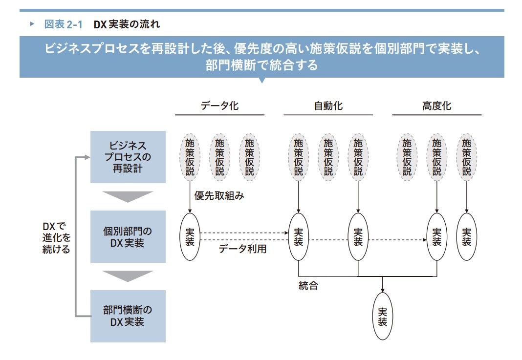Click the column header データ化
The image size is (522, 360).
point(219,106)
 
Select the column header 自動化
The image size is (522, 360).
point(328,106)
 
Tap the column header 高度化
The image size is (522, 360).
point(437,106)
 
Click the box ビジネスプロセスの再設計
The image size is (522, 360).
point(128,157)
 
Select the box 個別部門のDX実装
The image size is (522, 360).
point(128,236)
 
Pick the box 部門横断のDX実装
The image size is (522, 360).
point(128,316)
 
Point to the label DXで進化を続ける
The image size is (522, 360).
point(56,237)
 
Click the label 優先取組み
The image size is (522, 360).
point(219,195)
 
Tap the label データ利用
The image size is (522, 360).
point(242,249)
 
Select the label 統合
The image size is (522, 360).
point(308,285)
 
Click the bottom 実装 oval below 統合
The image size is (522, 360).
point(383,316)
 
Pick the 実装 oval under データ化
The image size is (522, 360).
point(190,236)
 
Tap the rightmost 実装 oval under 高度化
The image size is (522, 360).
point(466,236)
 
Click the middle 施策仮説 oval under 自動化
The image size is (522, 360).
point(328,157)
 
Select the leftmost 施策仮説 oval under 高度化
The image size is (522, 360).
point(407,157)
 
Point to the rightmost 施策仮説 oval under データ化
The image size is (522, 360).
point(249,157)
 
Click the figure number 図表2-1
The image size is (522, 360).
point(63,24)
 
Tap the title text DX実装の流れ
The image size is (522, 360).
point(127,24)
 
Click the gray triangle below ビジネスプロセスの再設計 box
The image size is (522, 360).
point(128,197)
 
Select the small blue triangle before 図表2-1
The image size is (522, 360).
point(32,23)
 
